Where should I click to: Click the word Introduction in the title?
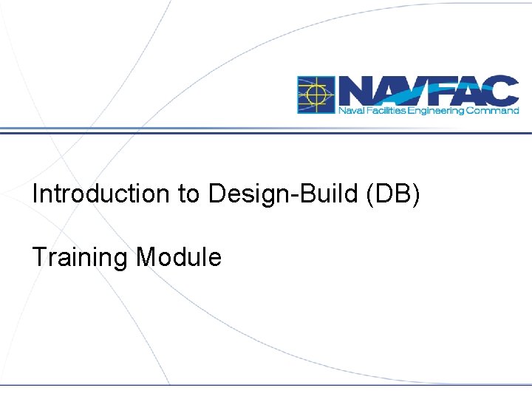[100, 194]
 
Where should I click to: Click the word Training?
[81, 258]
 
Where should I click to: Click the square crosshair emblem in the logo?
[316, 95]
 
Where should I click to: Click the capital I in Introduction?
[35, 194]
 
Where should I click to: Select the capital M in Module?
[146, 257]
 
